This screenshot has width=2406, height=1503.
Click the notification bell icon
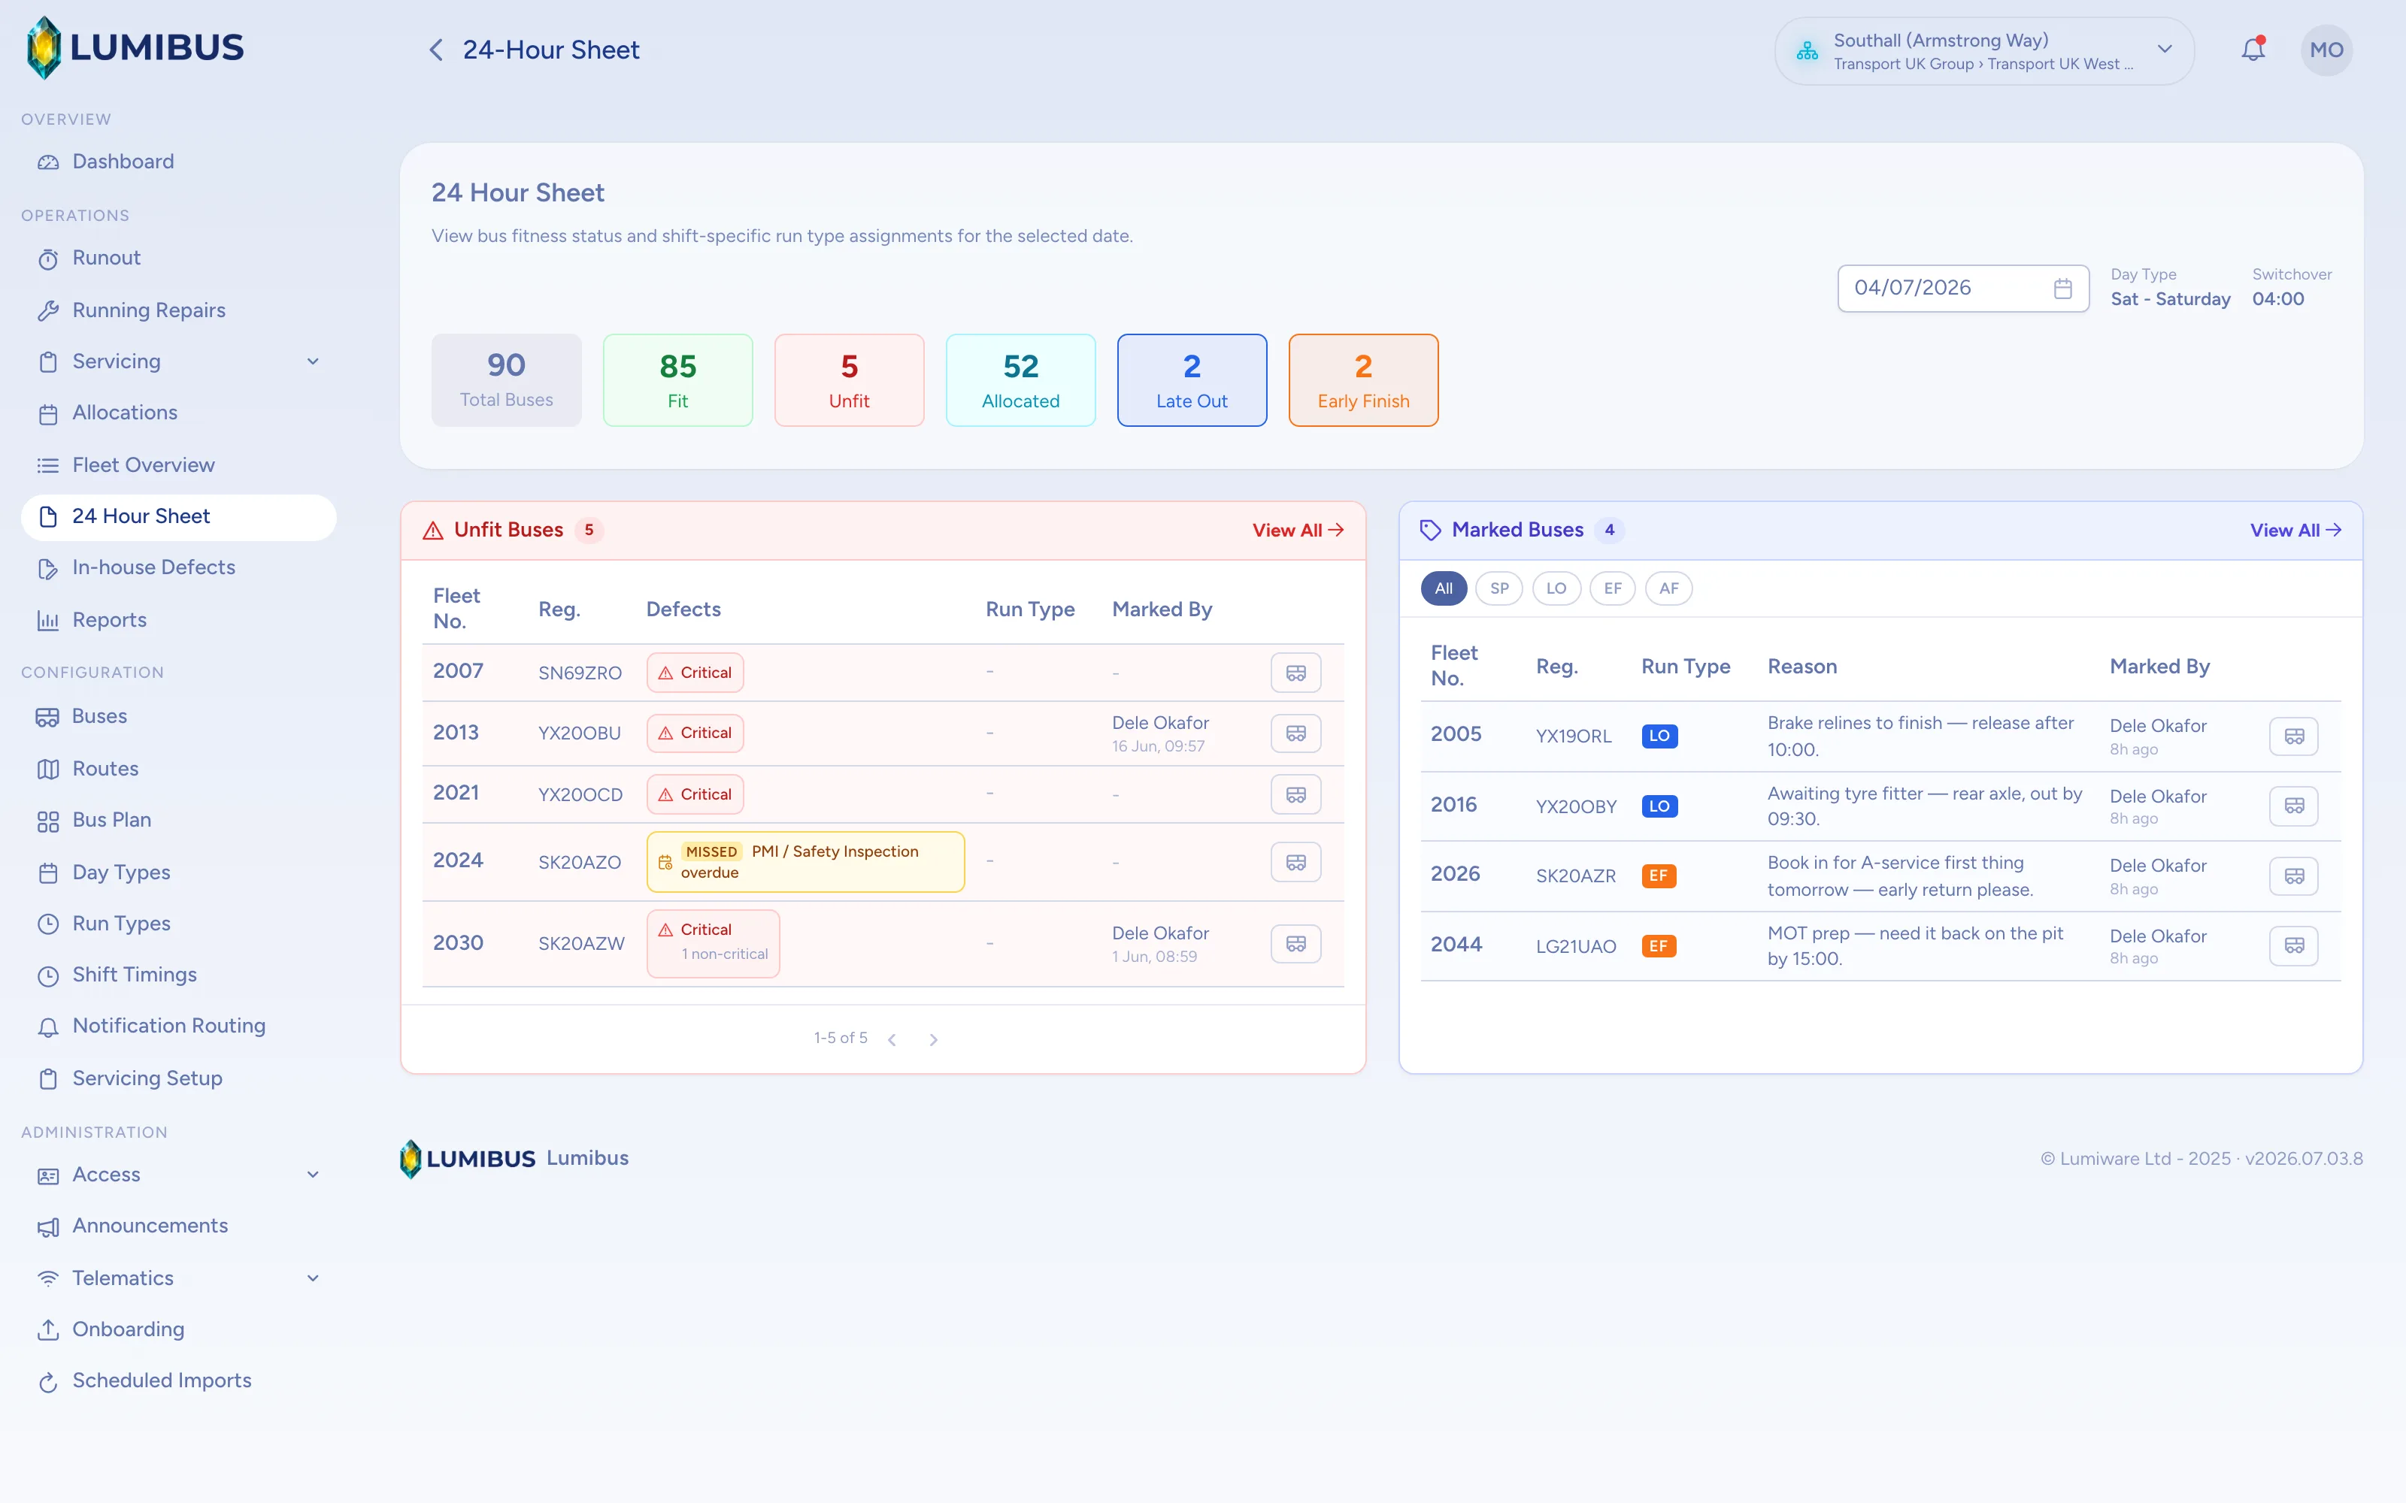pyautogui.click(x=2253, y=49)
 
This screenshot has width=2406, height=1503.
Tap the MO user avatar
pyautogui.click(x=2326, y=50)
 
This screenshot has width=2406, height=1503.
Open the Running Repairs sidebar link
pyautogui.click(x=148, y=310)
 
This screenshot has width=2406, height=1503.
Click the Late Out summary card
pyautogui.click(x=1192, y=380)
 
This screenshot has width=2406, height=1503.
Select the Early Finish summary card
pyautogui.click(x=1363, y=380)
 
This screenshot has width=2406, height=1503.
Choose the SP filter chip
pyautogui.click(x=1499, y=588)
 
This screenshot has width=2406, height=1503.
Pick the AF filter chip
pyautogui.click(x=1668, y=588)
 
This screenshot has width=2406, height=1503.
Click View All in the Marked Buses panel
pyautogui.click(x=2295, y=530)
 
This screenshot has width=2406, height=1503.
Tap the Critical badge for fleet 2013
pyautogui.click(x=695, y=733)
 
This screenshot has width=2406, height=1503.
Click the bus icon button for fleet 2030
pyautogui.click(x=1295, y=943)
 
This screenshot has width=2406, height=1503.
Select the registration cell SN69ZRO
pyautogui.click(x=580, y=673)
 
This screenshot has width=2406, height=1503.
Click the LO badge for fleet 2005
pyautogui.click(x=1659, y=736)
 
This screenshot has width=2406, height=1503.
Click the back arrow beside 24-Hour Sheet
pyautogui.click(x=435, y=50)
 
